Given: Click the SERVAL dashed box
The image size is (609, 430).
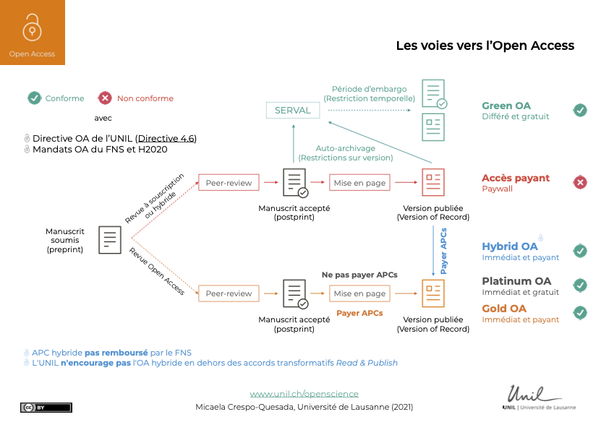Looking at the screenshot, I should point(293,111).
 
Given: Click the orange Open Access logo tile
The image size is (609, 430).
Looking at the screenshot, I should point(32,33).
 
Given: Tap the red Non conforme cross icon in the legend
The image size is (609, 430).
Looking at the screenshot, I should point(106,98).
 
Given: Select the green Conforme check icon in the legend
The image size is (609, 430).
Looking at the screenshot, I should point(34,98).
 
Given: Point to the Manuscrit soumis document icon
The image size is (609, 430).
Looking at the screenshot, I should point(110,239).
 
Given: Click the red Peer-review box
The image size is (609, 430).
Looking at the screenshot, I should point(229,183).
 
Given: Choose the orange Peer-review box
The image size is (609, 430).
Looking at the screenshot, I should point(229,293).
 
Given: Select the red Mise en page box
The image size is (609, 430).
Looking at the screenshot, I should point(359,183).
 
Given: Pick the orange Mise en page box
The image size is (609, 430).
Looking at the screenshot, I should point(359,293).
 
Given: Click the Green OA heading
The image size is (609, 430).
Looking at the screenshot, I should point(506,106).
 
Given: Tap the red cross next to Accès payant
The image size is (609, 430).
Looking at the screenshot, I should point(580,183).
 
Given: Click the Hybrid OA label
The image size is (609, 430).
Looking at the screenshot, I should point(510,246).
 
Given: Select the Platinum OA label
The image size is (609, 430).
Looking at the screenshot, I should point(516,280).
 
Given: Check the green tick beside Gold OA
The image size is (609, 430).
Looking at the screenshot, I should point(580,313).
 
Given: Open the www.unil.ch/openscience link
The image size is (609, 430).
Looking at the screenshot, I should point(304,394).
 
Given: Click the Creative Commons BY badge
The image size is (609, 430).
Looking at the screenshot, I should point(46,408).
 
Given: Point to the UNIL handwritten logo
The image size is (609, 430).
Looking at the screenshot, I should point(534,395).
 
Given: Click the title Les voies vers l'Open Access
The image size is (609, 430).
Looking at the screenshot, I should point(485,46).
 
